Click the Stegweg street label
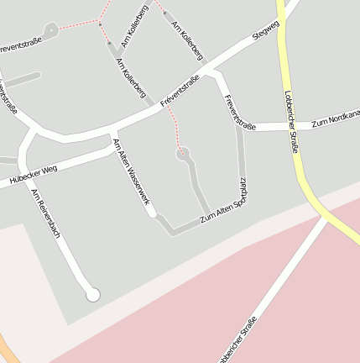(x=265, y=31)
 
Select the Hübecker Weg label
(x=33, y=173)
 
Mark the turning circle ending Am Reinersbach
(x=93, y=294)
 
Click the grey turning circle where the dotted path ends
(x=181, y=154)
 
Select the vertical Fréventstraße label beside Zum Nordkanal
(x=239, y=112)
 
